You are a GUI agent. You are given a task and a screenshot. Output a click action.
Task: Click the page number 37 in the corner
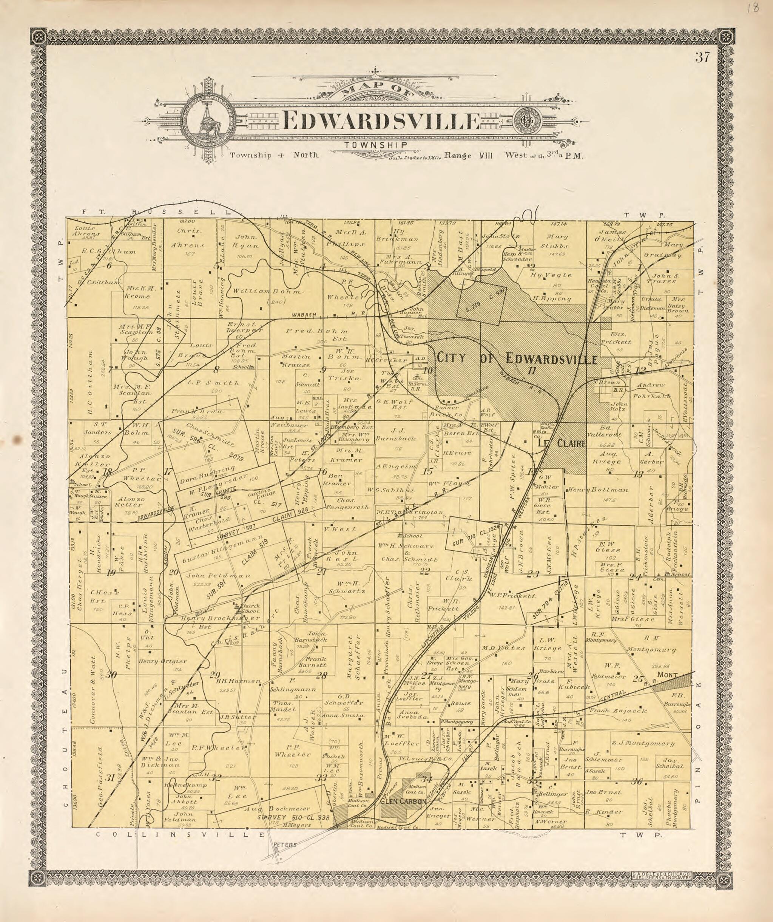click(702, 57)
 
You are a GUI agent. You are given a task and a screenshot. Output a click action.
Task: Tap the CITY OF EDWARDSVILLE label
click(516, 359)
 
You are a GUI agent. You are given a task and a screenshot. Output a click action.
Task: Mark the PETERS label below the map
click(285, 844)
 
